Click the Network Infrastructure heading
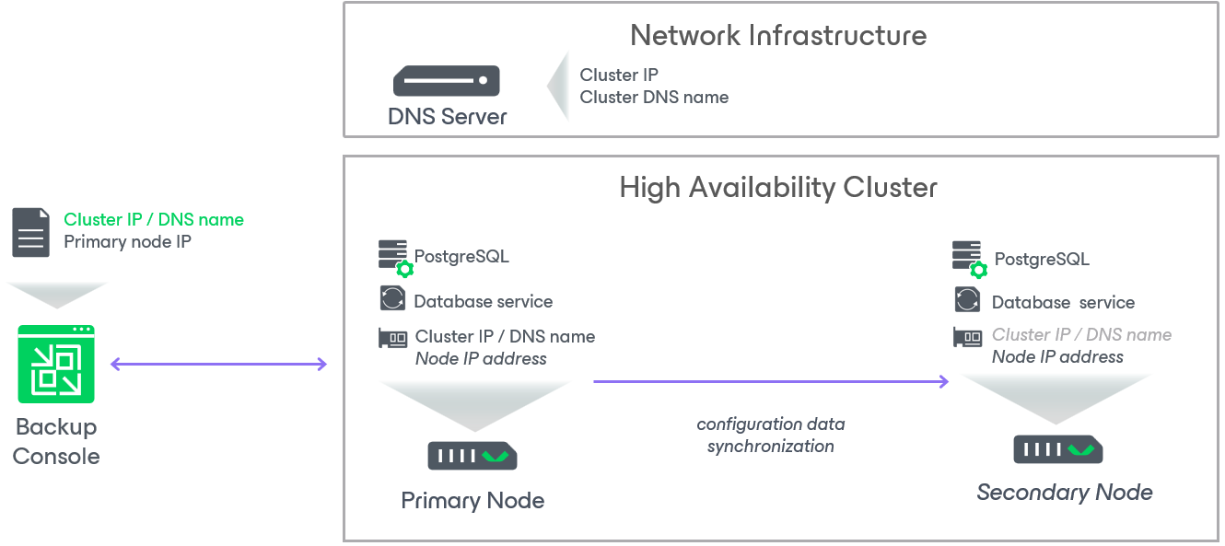pos(778,36)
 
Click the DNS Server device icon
pos(447,81)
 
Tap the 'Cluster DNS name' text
pos(654,98)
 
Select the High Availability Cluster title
pos(778,188)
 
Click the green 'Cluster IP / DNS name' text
pos(154,220)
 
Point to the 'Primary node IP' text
pos(127,242)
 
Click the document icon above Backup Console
pos(30,232)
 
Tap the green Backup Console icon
pos(56,364)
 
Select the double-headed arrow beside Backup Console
pos(218,365)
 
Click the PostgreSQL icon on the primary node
pos(395,258)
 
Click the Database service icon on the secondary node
pos(967,301)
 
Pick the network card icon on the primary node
pos(393,338)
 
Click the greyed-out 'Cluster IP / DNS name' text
pos(1081,335)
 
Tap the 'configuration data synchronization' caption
pos(771,436)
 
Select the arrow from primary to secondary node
pos(770,381)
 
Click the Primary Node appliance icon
pos(472,456)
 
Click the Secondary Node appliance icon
pos(1058,449)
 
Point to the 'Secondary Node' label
pos(1065,493)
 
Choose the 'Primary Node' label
pos(472,501)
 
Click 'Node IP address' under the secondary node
pos(1057,357)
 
